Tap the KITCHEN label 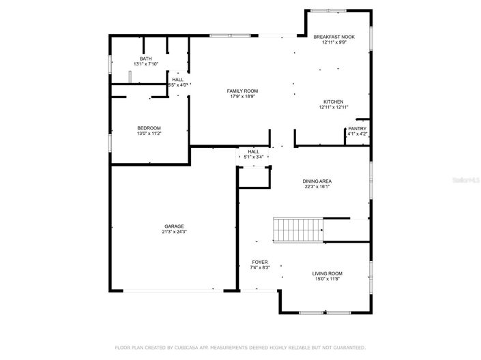pos(334,102)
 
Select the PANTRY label pos(357,128)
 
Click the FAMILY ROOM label pos(242,91)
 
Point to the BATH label pos(145,59)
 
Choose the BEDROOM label pos(149,128)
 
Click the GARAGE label pos(173,226)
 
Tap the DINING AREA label pos(317,181)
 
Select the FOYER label pos(260,262)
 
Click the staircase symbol pos(297,229)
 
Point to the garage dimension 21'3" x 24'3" pos(173,232)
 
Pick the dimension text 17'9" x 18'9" pos(242,97)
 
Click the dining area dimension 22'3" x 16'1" pos(317,187)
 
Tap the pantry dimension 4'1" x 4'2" pos(357,134)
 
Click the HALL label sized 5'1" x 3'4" pos(254,151)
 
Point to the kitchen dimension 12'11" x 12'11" pos(334,108)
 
